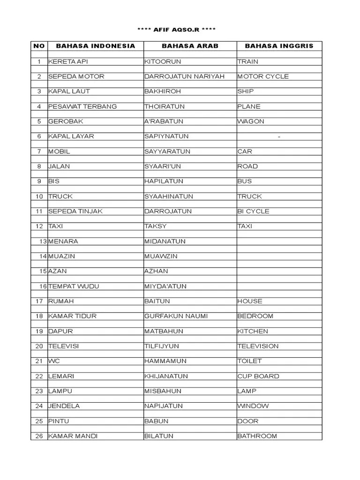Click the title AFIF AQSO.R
[x=176, y=30]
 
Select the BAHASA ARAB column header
[x=190, y=46]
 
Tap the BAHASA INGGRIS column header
[x=279, y=46]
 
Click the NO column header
[x=39, y=46]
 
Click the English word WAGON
[x=251, y=121]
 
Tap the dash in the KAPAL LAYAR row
[x=279, y=136]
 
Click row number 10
[x=39, y=196]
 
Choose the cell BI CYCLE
[x=253, y=211]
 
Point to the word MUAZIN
[x=61, y=256]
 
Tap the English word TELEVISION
[x=258, y=346]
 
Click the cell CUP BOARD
[x=258, y=376]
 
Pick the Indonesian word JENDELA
[x=64, y=406]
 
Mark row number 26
[x=39, y=436]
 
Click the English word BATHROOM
[x=257, y=436]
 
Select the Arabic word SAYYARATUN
[x=165, y=151]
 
